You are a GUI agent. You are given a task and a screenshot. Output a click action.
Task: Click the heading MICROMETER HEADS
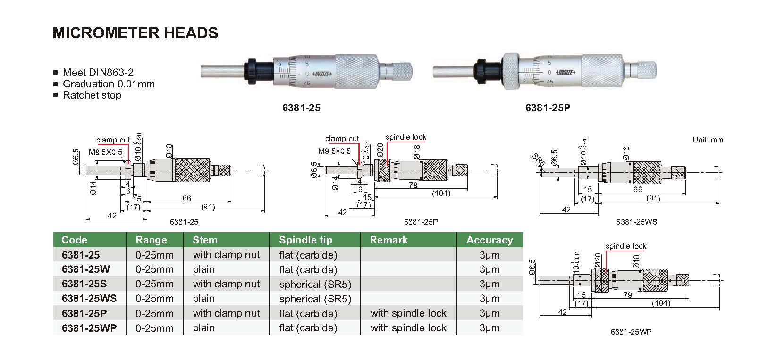(x=135, y=33)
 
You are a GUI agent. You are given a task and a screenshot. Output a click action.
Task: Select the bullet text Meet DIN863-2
(x=98, y=72)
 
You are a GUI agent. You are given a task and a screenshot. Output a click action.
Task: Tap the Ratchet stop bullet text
(x=92, y=95)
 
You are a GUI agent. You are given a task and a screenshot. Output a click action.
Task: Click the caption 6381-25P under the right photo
(x=548, y=108)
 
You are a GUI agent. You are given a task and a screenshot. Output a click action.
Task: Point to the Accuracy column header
(x=490, y=240)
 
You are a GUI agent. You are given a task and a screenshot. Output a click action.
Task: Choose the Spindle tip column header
(x=305, y=240)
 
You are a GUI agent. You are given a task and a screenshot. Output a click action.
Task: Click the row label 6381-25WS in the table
(x=89, y=299)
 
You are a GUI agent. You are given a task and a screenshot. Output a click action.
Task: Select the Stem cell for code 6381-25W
(x=203, y=269)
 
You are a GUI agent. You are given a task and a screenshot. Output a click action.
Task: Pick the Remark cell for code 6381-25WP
(x=408, y=328)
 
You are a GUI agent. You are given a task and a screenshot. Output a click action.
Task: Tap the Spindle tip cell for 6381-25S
(x=315, y=285)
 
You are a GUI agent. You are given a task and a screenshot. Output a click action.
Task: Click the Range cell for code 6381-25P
(x=154, y=314)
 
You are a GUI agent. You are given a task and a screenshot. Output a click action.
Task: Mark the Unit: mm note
(x=708, y=140)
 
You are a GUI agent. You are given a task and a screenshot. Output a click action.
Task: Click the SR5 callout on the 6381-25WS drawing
(x=539, y=159)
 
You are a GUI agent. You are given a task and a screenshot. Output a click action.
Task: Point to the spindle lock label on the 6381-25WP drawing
(x=625, y=246)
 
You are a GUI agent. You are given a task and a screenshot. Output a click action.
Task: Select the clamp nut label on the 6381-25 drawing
(x=113, y=140)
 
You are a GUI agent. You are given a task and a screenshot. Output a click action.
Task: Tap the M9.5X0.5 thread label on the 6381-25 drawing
(x=106, y=152)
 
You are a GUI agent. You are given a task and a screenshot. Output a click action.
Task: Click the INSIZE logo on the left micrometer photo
(x=324, y=74)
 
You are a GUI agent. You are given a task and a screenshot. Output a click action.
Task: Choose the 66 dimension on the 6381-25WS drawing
(x=638, y=189)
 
